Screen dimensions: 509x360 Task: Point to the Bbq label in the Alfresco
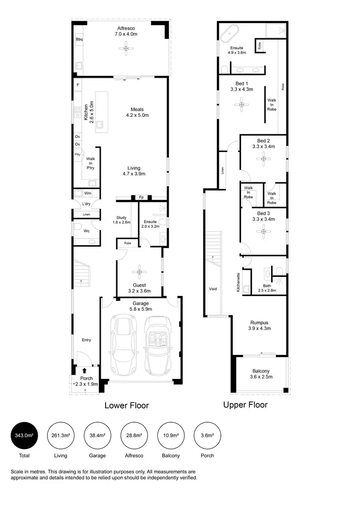click(79, 39)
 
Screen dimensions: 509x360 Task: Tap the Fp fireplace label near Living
click(141, 197)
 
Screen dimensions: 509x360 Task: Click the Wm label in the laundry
click(87, 193)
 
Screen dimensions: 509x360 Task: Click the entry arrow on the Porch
click(84, 370)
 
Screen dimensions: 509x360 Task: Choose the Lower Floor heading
click(127, 405)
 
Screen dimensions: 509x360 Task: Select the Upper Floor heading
click(245, 404)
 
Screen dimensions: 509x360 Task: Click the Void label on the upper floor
click(213, 289)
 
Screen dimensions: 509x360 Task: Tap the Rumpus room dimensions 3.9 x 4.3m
click(259, 329)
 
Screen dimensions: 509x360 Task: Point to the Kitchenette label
click(238, 282)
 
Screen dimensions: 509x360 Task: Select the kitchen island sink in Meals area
click(100, 126)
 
